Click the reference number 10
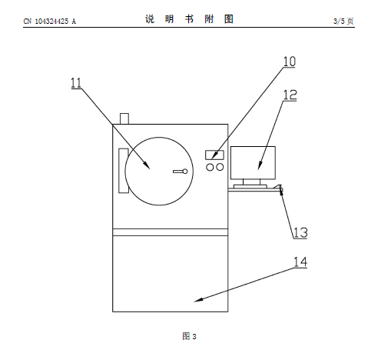click(289, 62)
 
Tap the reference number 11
click(76, 83)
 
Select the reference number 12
click(290, 95)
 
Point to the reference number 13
click(300, 233)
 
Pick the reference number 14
click(300, 262)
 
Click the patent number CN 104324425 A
click(50, 22)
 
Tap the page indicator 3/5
click(339, 21)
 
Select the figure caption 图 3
click(189, 336)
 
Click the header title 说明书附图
click(189, 19)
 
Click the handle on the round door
click(181, 172)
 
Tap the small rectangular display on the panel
click(214, 155)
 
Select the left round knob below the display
click(210, 167)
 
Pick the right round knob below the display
click(220, 167)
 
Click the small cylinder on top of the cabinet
click(124, 118)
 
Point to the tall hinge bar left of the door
click(123, 171)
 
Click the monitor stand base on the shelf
click(250, 186)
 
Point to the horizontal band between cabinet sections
click(171, 232)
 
